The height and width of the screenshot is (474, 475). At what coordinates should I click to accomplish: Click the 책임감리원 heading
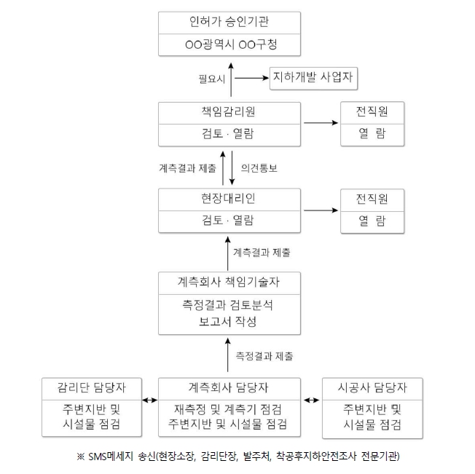[x=229, y=113]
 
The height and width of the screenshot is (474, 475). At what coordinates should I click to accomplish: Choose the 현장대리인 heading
[x=229, y=198]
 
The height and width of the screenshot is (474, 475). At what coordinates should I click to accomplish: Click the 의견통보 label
[x=259, y=167]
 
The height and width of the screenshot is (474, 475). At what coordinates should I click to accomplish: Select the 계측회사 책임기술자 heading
[x=229, y=282]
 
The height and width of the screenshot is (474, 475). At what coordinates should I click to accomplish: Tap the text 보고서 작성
[x=229, y=321]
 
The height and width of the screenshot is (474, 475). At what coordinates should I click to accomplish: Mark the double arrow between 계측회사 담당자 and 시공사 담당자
[x=313, y=400]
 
